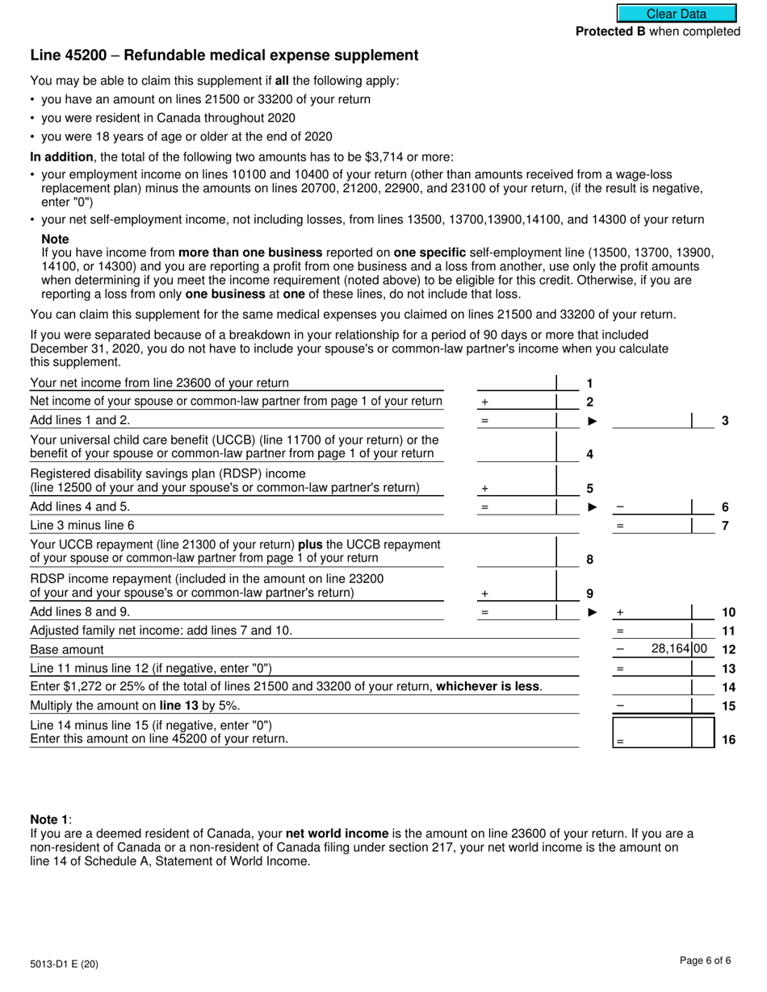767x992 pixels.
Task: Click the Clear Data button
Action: [x=677, y=14]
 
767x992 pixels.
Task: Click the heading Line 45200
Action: [x=224, y=56]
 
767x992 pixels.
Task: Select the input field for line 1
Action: [x=517, y=382]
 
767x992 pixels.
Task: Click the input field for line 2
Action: [x=517, y=401]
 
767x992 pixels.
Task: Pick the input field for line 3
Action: [x=652, y=419]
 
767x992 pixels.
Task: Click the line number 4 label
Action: [x=589, y=454]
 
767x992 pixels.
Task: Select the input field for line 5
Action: [x=517, y=487]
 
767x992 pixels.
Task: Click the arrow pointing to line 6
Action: [x=593, y=507]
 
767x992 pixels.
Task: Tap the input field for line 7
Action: [x=652, y=526]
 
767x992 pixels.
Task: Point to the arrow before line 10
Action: [x=593, y=612]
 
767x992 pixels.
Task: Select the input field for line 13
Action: [x=652, y=668]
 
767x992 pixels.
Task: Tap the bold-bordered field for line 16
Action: [x=652, y=732]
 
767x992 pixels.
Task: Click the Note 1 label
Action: [x=50, y=819]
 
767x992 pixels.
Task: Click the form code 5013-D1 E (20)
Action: [x=65, y=963]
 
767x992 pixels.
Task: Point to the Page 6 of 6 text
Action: [x=705, y=960]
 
